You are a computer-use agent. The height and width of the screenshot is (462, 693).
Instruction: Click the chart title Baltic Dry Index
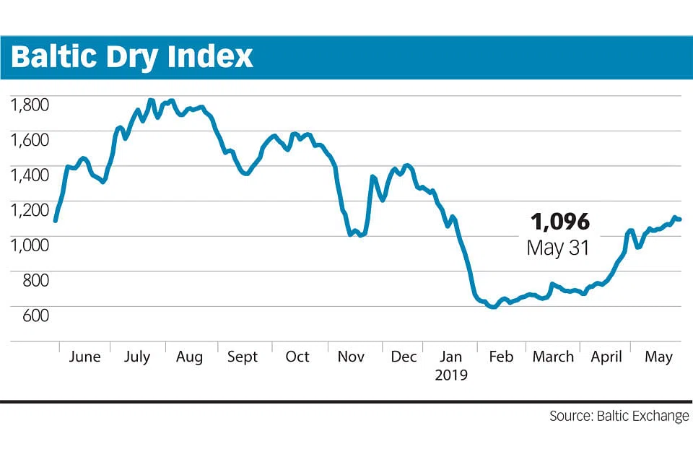(x=132, y=57)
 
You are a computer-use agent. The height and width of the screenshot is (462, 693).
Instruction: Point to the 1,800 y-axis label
(x=30, y=105)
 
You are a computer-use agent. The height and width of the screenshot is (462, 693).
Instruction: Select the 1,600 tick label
(x=30, y=140)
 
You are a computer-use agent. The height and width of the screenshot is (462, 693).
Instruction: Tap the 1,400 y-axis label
(x=30, y=175)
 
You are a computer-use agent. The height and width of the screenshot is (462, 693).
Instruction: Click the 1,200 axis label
(x=30, y=210)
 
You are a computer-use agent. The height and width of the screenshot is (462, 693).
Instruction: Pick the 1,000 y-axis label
(x=30, y=245)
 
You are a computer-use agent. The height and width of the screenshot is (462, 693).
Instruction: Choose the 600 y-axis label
(x=35, y=315)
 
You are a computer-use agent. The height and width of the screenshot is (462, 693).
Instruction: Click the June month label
(x=84, y=357)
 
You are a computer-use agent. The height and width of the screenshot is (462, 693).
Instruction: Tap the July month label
(x=137, y=357)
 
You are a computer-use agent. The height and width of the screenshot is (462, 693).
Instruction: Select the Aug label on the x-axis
(x=190, y=357)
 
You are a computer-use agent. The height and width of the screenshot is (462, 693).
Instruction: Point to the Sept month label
(x=243, y=357)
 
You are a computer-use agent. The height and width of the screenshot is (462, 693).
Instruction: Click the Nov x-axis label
(x=351, y=357)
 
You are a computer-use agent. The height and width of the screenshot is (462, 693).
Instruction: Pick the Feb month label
(x=502, y=357)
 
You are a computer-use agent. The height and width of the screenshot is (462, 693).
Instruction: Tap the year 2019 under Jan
(x=451, y=375)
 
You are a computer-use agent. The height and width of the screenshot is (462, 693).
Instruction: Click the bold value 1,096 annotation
(x=560, y=222)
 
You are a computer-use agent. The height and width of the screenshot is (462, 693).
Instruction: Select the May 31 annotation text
(x=558, y=248)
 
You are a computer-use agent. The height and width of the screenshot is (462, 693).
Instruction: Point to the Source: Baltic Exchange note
(x=619, y=417)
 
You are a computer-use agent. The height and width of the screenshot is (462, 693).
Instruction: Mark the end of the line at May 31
(x=680, y=219)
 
